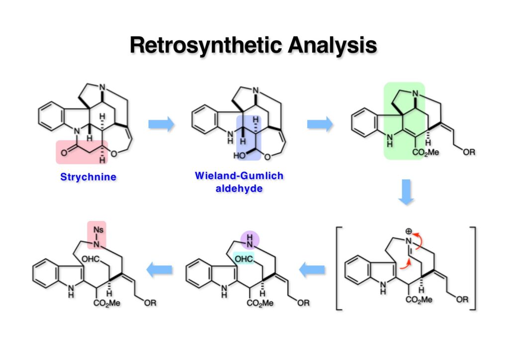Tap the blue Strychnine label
coord(88,177)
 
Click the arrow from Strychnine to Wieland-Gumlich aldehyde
coord(162,124)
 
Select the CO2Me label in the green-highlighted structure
coord(426,152)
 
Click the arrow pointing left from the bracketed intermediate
coord(312,270)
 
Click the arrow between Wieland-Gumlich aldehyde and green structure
coord(320,124)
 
